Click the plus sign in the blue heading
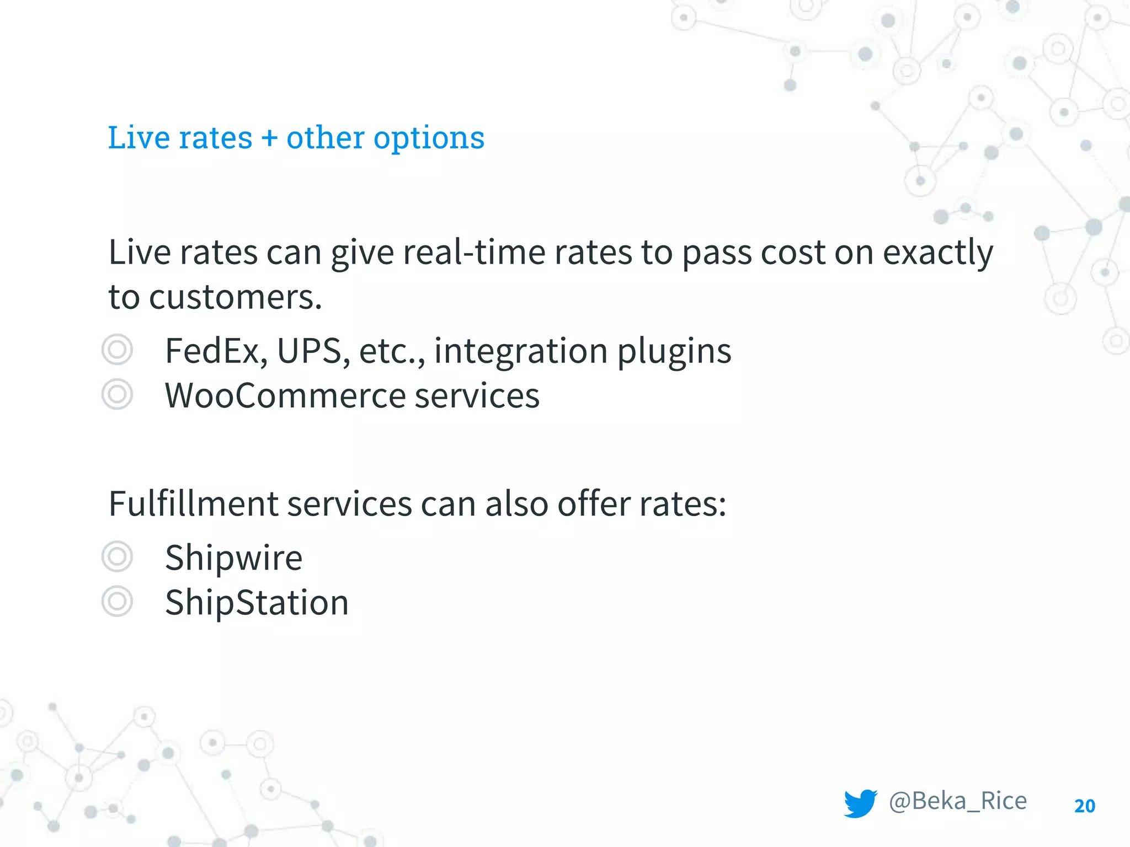269,138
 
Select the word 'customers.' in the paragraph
235,297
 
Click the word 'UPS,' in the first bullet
313,351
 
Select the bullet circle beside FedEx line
118,350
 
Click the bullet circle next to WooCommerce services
118,394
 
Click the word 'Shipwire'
234,558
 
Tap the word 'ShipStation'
257,602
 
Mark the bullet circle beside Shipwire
118,556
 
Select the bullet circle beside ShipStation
118,601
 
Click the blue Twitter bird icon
860,803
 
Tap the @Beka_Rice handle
958,801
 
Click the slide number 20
1085,806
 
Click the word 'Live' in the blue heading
138,138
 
